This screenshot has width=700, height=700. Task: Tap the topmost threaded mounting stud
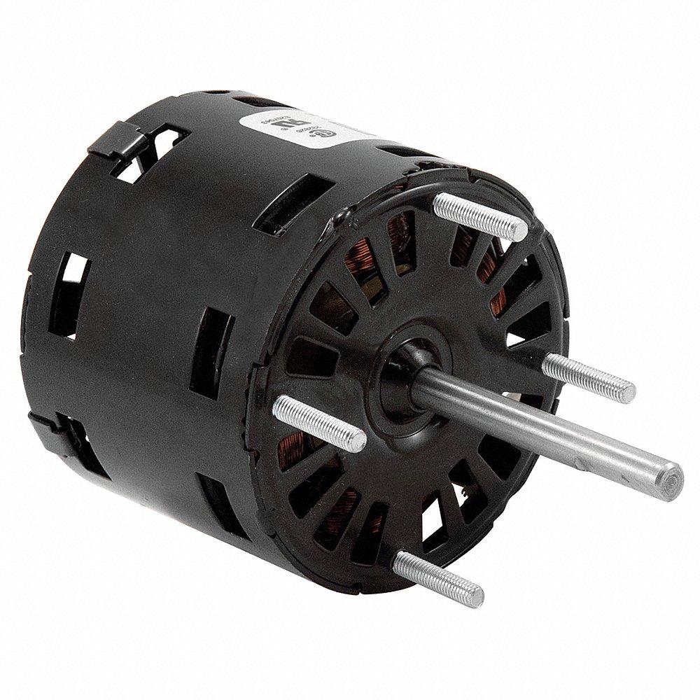click(x=479, y=213)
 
